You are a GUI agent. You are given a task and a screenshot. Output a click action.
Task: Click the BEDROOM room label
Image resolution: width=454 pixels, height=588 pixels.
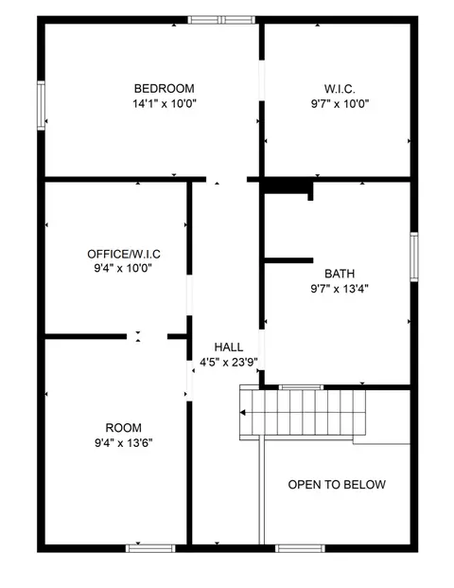coord(164,88)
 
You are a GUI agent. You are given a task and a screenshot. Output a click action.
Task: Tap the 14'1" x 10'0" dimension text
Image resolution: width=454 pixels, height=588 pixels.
coord(165,103)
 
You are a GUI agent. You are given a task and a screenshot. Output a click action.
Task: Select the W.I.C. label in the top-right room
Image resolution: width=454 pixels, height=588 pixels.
coord(340,89)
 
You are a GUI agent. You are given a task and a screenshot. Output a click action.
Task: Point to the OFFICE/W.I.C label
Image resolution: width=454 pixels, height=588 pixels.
coord(124,254)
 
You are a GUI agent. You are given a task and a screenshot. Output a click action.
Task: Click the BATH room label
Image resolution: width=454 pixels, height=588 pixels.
coord(340,274)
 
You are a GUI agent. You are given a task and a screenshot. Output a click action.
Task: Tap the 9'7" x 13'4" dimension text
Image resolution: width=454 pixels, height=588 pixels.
coord(340,289)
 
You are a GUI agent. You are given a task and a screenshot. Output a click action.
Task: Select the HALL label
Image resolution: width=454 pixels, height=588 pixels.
coord(229,347)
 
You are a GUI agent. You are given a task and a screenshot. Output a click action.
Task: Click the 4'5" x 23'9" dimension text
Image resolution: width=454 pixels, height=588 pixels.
coord(229,363)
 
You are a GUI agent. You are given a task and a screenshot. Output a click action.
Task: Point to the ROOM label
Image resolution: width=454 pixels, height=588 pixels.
coord(124,427)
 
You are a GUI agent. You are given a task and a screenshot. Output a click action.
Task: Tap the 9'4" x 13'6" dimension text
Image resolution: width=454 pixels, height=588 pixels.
coord(124,443)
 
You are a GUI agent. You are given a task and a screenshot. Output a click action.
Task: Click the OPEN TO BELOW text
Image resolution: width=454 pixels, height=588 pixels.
coord(337,485)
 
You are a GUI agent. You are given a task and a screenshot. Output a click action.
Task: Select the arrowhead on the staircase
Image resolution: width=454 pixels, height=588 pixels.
coord(243,413)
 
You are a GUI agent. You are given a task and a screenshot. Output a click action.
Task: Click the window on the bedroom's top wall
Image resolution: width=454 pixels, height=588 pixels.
coord(221,20)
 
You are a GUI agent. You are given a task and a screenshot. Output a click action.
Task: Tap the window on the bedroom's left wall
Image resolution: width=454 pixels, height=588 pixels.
coord(41,105)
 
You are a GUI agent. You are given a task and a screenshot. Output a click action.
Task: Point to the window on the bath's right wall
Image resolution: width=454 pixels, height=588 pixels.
coord(414,257)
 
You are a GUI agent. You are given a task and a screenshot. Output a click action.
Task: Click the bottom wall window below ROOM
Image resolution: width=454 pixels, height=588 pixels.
coord(150,548)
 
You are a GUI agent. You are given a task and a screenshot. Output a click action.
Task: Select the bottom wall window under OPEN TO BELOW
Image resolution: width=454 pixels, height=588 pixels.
coord(300,548)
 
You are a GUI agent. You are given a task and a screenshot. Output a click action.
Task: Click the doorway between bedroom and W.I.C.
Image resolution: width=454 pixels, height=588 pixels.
coord(262,80)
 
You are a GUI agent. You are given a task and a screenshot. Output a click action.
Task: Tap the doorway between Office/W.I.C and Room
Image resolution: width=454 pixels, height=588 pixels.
coord(147,336)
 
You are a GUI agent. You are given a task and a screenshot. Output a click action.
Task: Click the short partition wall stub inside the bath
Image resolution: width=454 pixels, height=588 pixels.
coord(288,260)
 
